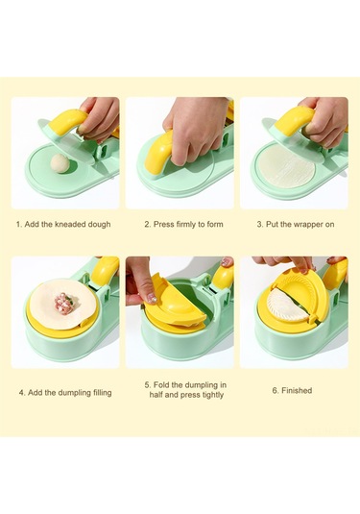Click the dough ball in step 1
[x=60, y=163]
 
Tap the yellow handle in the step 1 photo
[x=67, y=122]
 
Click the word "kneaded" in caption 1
[x=69, y=224]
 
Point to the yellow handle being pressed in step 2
[x=158, y=153]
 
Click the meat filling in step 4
[x=64, y=304]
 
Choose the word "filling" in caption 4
[x=102, y=392]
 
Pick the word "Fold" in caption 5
[x=161, y=385]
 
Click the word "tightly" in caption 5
[x=213, y=395]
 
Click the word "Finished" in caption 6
[x=297, y=390]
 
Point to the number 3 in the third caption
[x=259, y=225]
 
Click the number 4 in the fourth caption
[x=21, y=392]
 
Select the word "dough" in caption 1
[x=99, y=225]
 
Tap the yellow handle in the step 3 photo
[x=294, y=121]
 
